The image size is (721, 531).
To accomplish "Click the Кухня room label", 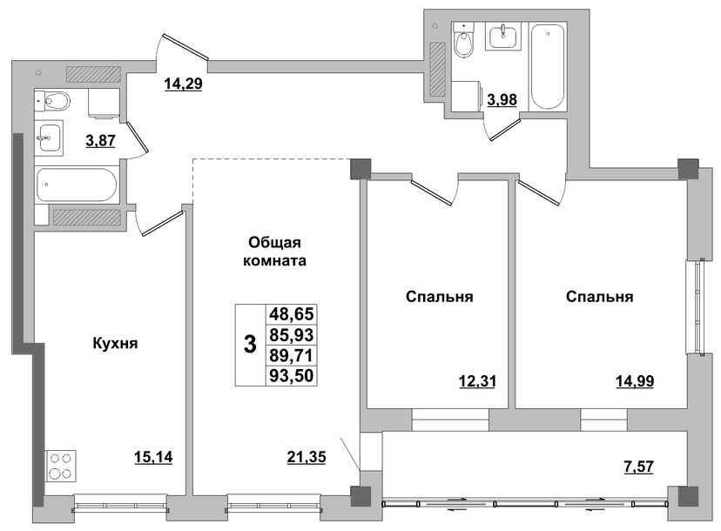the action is tap(116, 344).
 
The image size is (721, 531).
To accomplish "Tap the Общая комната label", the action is tap(274, 252).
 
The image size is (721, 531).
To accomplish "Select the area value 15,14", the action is tap(153, 457).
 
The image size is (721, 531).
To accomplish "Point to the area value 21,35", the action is tap(307, 457).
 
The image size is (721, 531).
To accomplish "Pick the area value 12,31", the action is tap(478, 381).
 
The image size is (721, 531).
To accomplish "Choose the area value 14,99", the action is tap(635, 381).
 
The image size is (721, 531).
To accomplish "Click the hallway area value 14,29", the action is tap(184, 84).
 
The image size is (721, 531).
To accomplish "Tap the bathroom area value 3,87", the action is tap(101, 140).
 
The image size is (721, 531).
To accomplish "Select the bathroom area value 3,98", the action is tap(502, 100).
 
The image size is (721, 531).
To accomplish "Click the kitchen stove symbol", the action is tap(61, 467).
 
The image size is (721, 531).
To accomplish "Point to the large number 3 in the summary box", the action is tap(250, 345).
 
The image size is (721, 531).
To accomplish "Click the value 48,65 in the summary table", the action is tap(292, 314).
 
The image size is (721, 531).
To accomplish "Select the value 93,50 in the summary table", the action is tap(292, 375).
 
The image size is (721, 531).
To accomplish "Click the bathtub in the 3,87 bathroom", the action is tap(77, 185).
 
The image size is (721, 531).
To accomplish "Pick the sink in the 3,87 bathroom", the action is tap(49, 138).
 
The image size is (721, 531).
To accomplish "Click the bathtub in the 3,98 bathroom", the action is tap(548, 67).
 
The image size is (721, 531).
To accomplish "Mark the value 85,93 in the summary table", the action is tap(292, 334).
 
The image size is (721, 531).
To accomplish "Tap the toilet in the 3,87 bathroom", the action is tap(53, 101).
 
